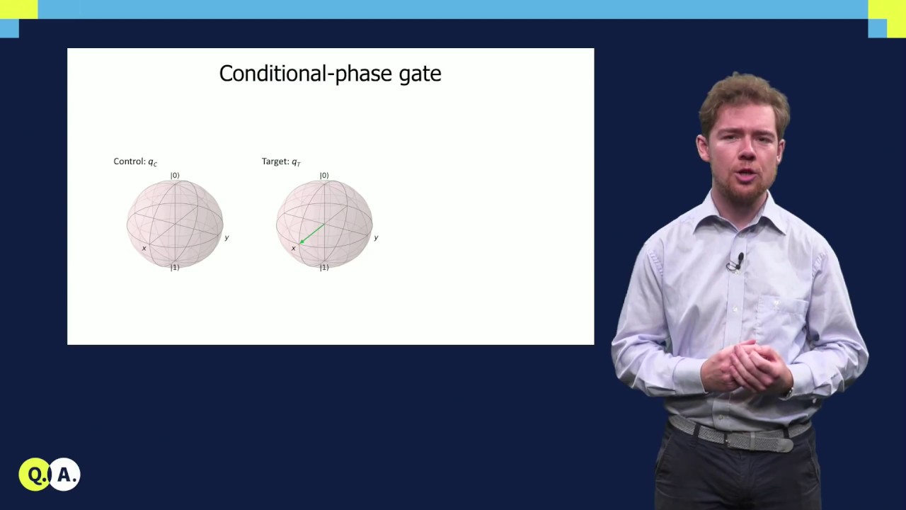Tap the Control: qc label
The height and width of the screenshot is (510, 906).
pyautogui.click(x=135, y=161)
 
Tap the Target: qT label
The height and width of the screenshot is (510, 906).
pyautogui.click(x=281, y=161)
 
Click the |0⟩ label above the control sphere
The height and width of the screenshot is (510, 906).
pyautogui.click(x=175, y=175)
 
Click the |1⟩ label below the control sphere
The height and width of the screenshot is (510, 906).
pyautogui.click(x=175, y=267)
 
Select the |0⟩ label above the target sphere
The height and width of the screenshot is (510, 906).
pyautogui.click(x=324, y=175)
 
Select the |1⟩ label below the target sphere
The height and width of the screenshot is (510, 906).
pyautogui.click(x=324, y=267)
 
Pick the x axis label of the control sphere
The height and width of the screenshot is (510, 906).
pyautogui.click(x=144, y=248)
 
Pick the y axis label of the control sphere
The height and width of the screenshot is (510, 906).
pyautogui.click(x=226, y=237)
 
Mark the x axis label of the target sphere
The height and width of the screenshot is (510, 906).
pyautogui.click(x=293, y=248)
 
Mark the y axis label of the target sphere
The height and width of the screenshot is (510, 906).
pyautogui.click(x=376, y=237)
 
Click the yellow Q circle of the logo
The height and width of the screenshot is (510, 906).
pyautogui.click(x=35, y=475)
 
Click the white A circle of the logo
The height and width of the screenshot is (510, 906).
pyautogui.click(x=66, y=475)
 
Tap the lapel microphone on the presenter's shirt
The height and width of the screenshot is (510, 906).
pyautogui.click(x=736, y=263)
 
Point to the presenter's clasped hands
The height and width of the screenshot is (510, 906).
pyautogui.click(x=750, y=365)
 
